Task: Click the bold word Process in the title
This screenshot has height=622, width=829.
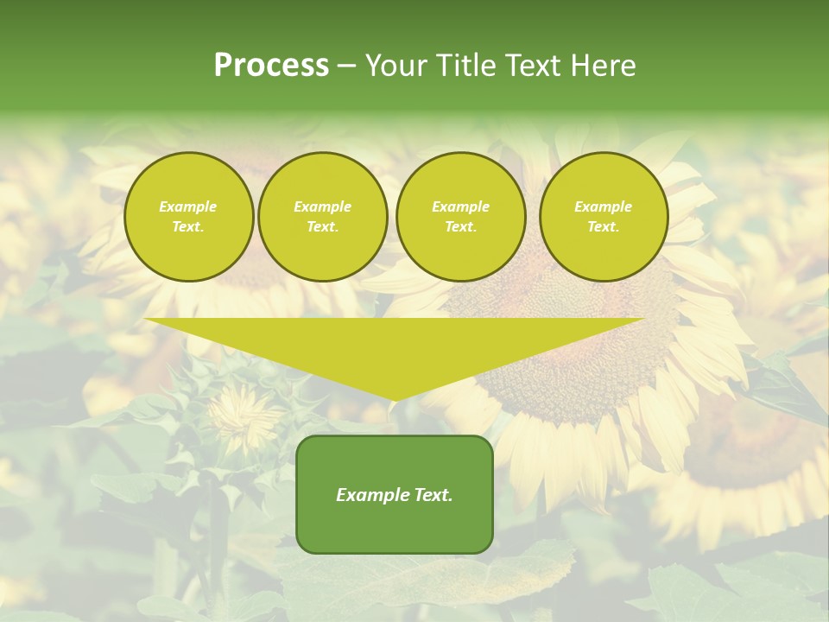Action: pyautogui.click(x=271, y=66)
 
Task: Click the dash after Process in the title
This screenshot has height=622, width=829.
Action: pyautogui.click(x=346, y=67)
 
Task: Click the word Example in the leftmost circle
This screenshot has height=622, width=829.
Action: pyautogui.click(x=188, y=206)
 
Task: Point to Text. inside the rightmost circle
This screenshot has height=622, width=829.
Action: pyautogui.click(x=604, y=226)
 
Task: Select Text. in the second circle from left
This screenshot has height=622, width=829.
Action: pyautogui.click(x=323, y=226)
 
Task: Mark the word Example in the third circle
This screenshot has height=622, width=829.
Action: pyautogui.click(x=460, y=206)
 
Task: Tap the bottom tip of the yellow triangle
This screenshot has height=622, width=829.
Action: pyautogui.click(x=395, y=398)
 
